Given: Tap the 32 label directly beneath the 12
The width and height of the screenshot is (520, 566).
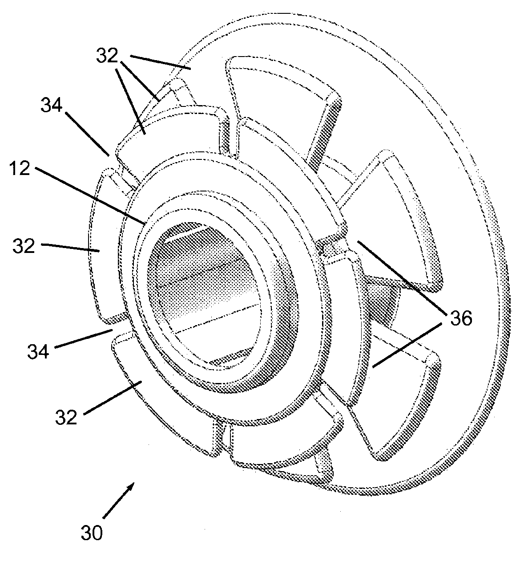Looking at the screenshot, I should [x=24, y=246].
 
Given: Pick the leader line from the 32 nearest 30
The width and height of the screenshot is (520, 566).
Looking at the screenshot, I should [x=111, y=396].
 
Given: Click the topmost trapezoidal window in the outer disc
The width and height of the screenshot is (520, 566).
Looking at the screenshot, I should [x=285, y=85].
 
